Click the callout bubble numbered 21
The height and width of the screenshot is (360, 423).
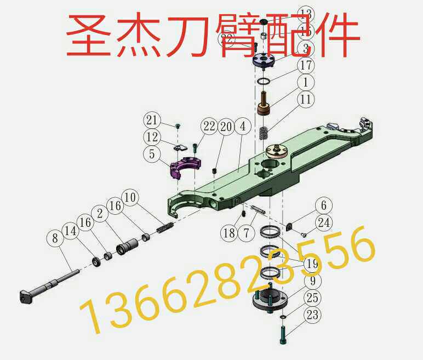152,120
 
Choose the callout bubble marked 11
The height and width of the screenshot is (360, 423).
306,100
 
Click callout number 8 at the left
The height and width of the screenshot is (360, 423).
54,238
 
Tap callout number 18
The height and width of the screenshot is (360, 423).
230,233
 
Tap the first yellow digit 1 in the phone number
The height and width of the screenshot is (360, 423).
88,317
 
